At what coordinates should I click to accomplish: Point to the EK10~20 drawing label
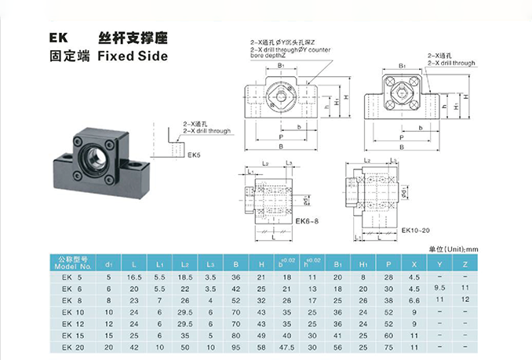(417, 230)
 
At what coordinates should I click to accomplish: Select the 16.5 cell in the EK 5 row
(134, 277)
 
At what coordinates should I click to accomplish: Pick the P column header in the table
(388, 262)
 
